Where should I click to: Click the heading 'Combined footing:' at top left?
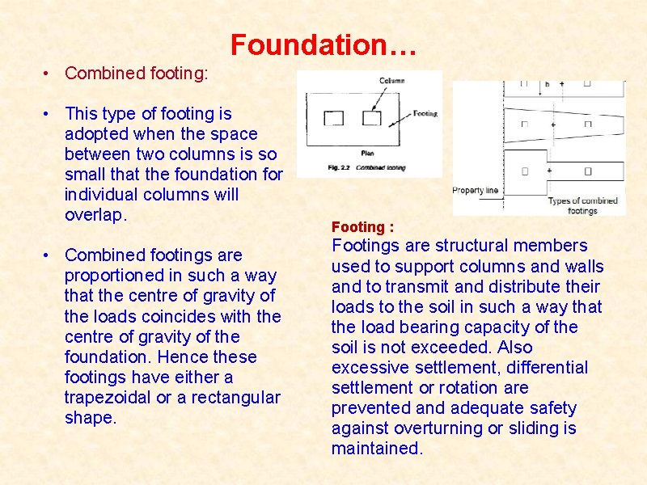[x=136, y=74]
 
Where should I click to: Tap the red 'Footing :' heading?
[x=362, y=227]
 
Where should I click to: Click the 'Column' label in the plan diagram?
[x=392, y=81]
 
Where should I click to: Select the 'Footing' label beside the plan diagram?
[x=425, y=114]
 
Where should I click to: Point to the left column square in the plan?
[x=333, y=118]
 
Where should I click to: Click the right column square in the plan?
[x=371, y=118]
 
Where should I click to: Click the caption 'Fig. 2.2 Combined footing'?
[x=356, y=167]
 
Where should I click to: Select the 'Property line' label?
[x=475, y=191]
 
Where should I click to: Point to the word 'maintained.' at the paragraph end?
[x=377, y=449]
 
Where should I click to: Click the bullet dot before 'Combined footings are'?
[x=49, y=255]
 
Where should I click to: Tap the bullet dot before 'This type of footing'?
[x=49, y=114]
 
